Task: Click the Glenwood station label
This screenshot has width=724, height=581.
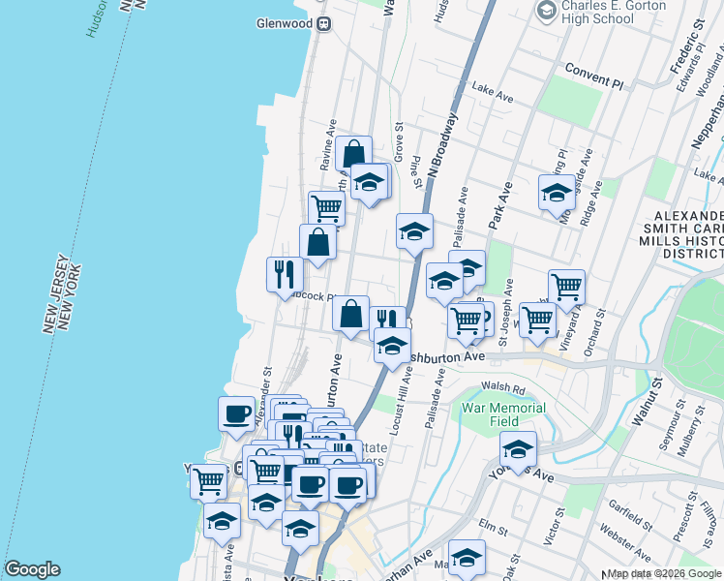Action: tap(285, 23)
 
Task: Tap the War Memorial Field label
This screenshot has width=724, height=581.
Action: tap(503, 414)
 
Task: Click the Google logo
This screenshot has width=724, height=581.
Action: tap(32, 569)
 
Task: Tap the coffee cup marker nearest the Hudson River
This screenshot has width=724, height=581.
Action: tap(236, 413)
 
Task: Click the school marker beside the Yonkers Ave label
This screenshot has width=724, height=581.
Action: tap(518, 447)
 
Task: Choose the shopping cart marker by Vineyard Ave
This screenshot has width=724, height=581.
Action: tap(566, 286)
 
